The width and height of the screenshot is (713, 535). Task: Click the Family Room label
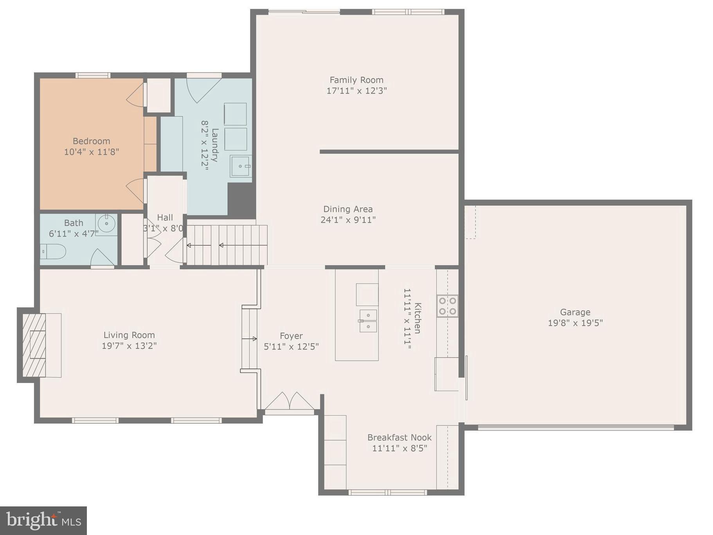[x=356, y=80]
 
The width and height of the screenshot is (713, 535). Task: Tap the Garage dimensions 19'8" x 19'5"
[x=575, y=323]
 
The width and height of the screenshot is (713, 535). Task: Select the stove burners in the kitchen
[x=447, y=306]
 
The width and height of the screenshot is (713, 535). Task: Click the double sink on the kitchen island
[x=368, y=321]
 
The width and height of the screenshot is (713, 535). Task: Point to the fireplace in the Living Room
[x=35, y=345]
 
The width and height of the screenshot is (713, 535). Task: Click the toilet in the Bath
[x=54, y=251]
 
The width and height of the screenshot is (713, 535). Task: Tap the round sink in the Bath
[x=106, y=224]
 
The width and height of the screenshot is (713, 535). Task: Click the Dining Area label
[x=347, y=209]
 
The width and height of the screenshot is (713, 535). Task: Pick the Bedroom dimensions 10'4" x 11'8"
[x=91, y=152]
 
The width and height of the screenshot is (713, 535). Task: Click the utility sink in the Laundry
[x=240, y=166]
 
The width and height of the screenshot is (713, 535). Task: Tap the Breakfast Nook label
[x=399, y=437]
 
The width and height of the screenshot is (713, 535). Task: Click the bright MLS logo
[x=43, y=521]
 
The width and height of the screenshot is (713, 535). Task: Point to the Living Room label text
[x=129, y=335]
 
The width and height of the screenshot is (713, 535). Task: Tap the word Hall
[x=165, y=217]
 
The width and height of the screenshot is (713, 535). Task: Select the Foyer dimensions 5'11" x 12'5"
[x=291, y=346]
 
